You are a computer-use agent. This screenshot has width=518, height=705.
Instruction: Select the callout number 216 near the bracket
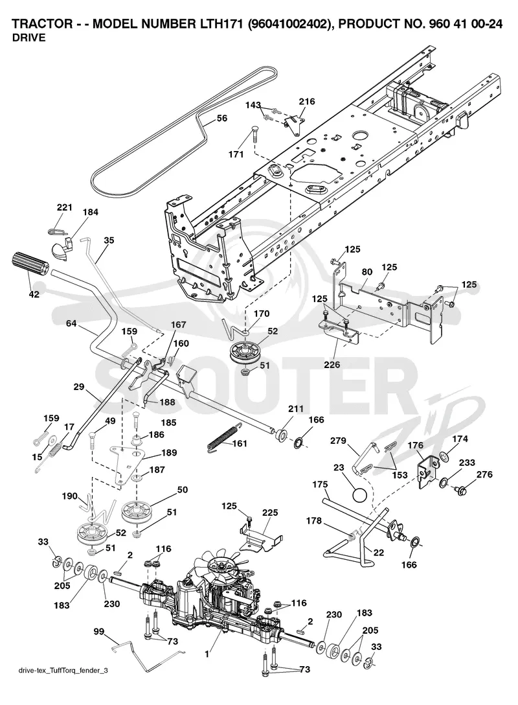[x=308, y=102]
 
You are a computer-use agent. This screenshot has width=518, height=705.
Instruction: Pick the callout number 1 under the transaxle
[x=207, y=654]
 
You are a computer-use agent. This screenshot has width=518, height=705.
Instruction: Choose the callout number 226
[x=332, y=365]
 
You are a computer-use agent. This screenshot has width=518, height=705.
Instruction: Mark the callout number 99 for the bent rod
[x=98, y=631]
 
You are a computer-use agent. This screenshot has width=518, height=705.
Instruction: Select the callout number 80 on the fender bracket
[x=367, y=272]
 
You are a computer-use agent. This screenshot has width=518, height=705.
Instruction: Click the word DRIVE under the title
[x=28, y=38]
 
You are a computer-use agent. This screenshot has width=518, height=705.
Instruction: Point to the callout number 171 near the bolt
[x=236, y=154]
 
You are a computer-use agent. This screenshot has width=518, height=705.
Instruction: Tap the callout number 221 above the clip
[x=64, y=207]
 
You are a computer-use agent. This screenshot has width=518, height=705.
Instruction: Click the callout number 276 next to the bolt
[x=484, y=474]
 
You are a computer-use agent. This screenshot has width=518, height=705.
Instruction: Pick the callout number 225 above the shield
[x=270, y=513]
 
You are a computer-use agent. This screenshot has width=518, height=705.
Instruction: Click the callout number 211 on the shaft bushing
[x=296, y=409]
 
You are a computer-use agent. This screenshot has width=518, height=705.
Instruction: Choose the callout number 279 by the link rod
[x=338, y=441]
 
